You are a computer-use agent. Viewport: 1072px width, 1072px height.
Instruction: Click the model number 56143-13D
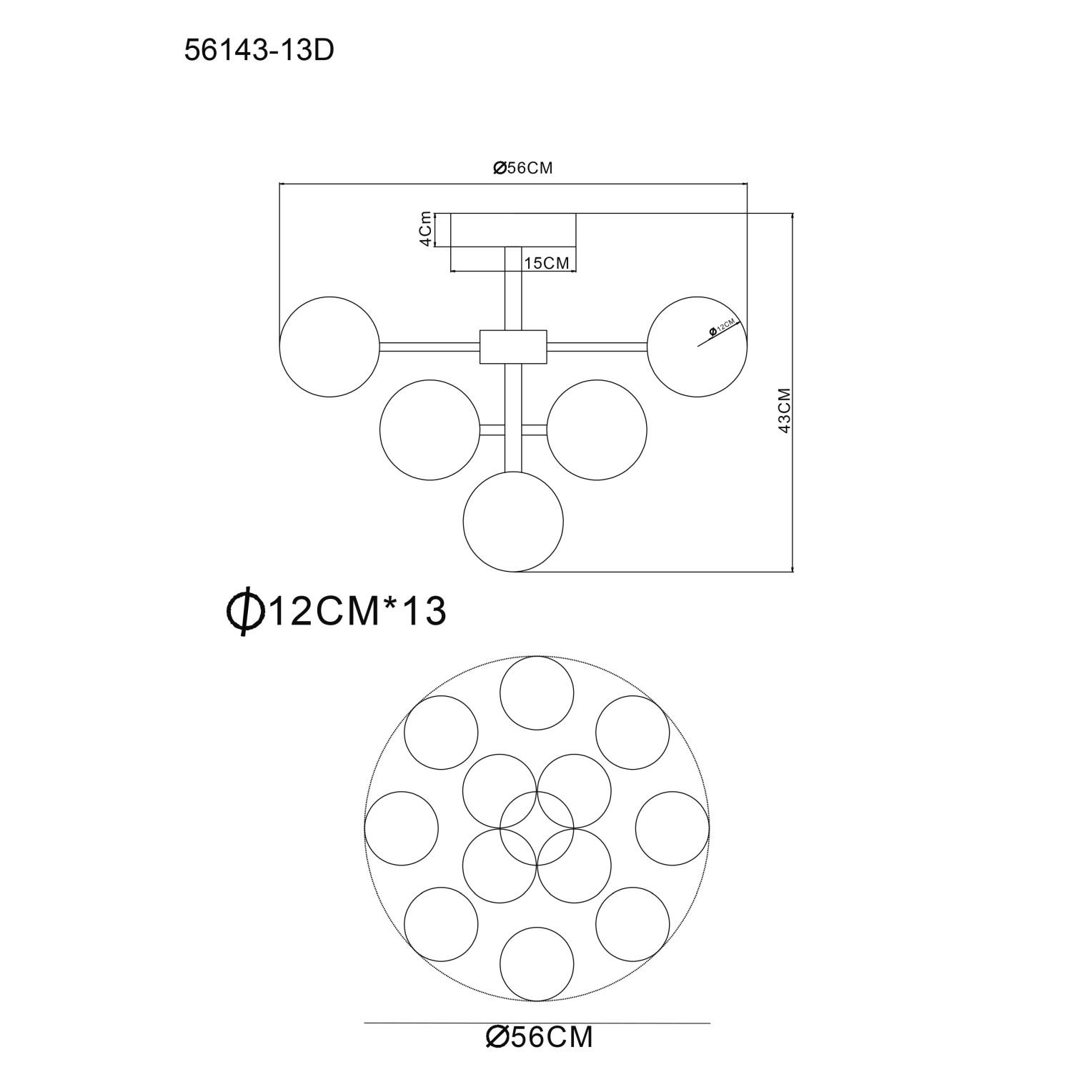pos(259,50)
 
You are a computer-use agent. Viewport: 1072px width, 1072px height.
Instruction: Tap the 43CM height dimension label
pos(784,410)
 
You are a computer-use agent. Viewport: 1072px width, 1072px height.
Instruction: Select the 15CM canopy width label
pos(547,263)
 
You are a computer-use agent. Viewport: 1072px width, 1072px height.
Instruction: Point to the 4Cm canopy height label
pos(425,229)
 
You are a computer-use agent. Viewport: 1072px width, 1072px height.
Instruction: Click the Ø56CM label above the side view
pos(524,168)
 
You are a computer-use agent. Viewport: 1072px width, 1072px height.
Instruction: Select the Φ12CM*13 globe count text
pos(336,611)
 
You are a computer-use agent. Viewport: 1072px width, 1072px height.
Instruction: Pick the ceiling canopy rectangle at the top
pos(513,230)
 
